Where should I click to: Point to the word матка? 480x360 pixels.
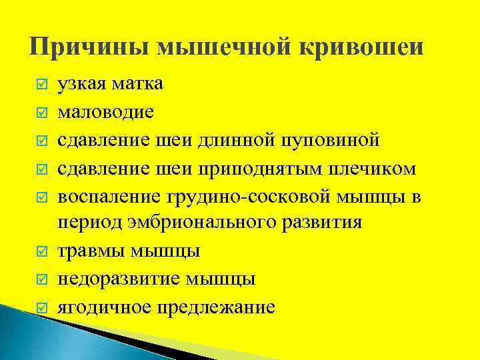coord(138,85)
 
